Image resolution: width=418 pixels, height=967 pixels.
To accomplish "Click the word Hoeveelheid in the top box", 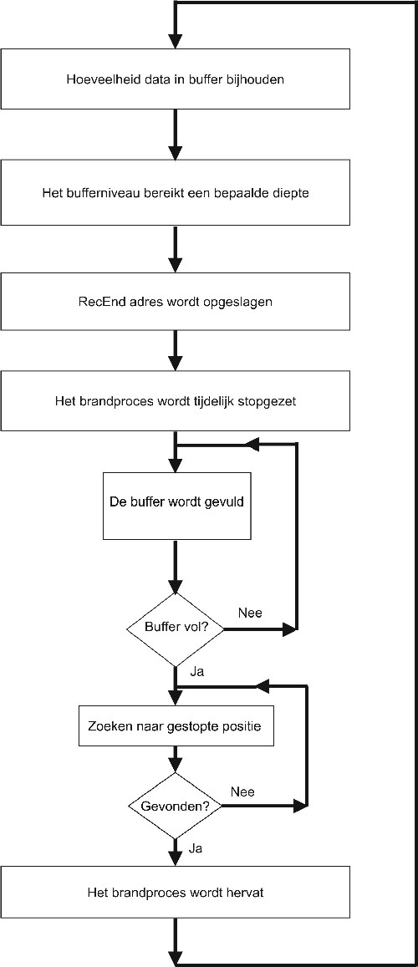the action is tap(91, 79).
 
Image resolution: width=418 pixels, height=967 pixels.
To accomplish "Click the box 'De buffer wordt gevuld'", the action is tap(176, 506).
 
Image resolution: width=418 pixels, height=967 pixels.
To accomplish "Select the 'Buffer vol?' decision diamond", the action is tap(176, 629).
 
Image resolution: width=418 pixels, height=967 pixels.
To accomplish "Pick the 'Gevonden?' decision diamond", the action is tap(176, 806).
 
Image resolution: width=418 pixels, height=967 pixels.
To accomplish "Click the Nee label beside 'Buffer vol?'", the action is tap(250, 613).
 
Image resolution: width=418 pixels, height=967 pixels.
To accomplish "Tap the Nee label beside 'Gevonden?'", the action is tap(242, 791).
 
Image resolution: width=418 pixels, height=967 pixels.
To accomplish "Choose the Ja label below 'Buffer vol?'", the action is tap(197, 672).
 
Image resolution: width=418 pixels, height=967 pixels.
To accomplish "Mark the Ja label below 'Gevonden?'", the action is tap(197, 848).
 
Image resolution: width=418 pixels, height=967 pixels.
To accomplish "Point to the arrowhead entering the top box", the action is tap(176, 41).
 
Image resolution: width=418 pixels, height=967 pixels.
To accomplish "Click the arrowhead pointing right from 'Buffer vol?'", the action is tap(289, 629).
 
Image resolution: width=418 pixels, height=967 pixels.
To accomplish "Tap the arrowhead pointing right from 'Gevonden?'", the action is tap(299, 806).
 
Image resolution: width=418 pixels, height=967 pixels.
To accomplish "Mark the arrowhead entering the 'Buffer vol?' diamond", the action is tap(176, 585).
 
